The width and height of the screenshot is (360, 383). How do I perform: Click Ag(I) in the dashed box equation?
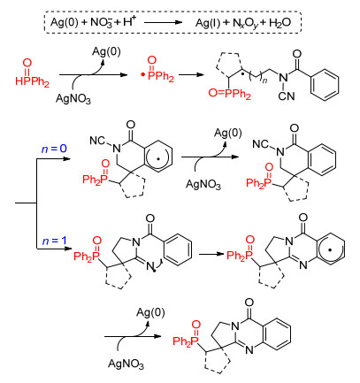click(208, 23)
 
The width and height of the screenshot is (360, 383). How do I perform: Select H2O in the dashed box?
click(280, 23)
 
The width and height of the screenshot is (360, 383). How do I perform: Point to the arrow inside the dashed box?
click(163, 22)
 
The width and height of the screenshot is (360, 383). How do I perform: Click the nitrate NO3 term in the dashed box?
click(102, 22)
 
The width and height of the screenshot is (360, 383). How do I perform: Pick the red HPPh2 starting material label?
click(32, 81)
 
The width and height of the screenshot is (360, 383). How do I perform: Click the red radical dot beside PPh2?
click(142, 76)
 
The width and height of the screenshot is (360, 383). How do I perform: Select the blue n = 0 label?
click(54, 149)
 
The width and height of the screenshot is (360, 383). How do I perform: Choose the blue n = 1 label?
click(54, 241)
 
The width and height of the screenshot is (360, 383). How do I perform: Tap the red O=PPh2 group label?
click(230, 94)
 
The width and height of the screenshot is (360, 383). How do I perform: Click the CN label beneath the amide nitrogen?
click(287, 96)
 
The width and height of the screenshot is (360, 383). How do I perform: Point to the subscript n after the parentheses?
click(264, 80)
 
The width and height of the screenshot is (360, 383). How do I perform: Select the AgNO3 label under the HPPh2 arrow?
click(73, 99)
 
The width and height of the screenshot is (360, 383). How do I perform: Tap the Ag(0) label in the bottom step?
click(150, 312)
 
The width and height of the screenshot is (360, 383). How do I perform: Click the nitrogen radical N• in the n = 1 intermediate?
click(151, 267)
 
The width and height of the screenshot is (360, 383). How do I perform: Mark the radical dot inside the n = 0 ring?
click(158, 158)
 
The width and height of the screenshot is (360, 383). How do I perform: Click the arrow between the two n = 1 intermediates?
click(211, 254)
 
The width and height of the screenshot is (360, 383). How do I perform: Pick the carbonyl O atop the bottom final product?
click(249, 303)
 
